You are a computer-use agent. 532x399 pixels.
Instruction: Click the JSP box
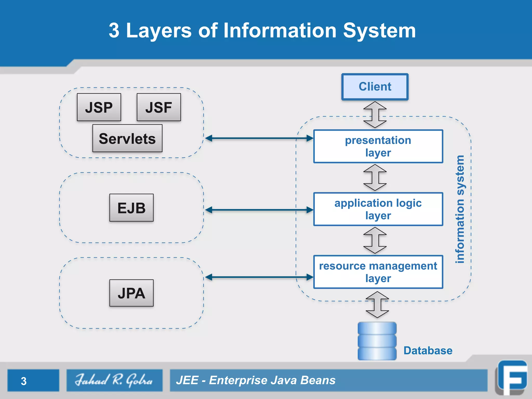point(99,107)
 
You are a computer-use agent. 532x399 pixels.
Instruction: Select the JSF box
point(159,107)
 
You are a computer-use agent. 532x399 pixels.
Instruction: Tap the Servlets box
point(127,138)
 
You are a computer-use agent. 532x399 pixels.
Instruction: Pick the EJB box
point(131,208)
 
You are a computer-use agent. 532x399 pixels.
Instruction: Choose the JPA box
point(131,293)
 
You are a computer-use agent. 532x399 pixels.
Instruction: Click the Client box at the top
point(375,87)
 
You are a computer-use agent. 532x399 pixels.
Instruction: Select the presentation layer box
point(378,147)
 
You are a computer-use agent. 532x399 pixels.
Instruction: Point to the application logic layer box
point(378,209)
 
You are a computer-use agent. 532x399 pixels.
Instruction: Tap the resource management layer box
point(378,272)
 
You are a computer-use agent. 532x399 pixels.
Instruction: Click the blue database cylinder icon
point(377,341)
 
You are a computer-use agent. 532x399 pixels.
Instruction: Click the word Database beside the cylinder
point(428,351)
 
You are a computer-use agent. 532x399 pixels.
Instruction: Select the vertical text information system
point(460,209)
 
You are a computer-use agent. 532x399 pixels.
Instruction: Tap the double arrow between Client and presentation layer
point(375,115)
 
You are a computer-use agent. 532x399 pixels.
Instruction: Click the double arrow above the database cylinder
point(377,304)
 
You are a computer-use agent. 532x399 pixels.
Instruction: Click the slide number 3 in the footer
point(24,381)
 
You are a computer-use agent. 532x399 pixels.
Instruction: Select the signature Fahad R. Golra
point(114,380)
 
